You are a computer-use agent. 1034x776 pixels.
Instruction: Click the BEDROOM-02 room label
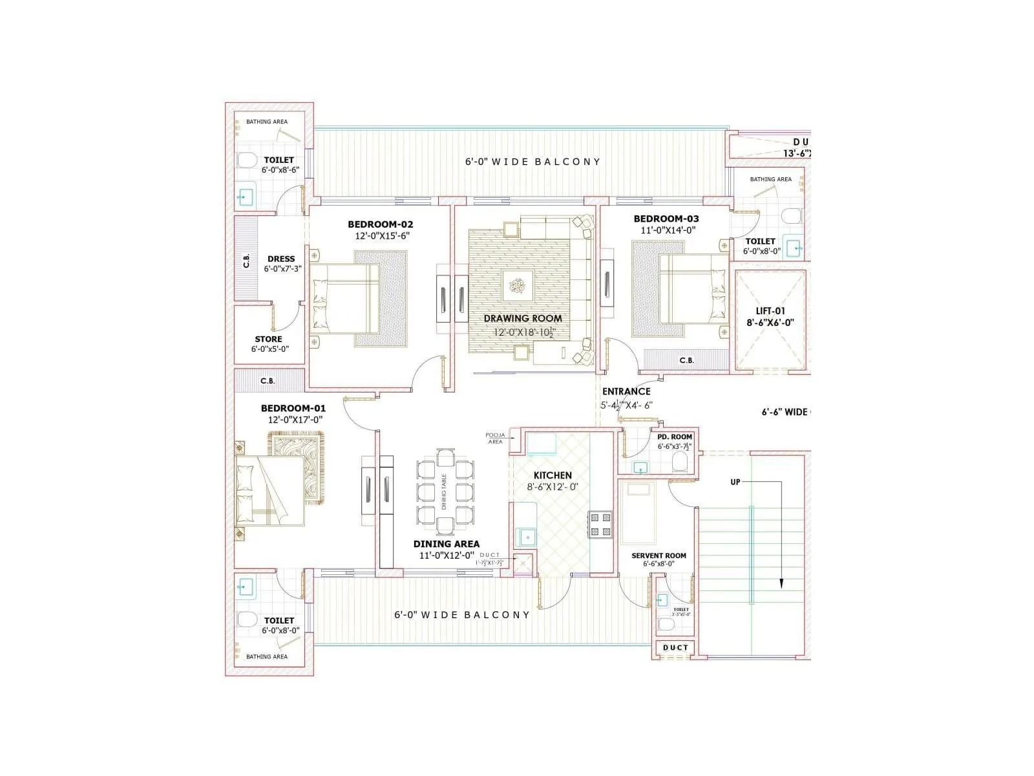coord(380,224)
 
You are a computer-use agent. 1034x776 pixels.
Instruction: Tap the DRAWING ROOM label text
coord(523,318)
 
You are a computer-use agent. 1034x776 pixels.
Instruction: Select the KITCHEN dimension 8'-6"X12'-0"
coord(553,487)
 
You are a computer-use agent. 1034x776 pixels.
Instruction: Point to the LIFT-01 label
coord(770,311)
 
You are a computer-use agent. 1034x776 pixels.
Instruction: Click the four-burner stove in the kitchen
coord(600,524)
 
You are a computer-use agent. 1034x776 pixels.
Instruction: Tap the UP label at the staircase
coord(735,482)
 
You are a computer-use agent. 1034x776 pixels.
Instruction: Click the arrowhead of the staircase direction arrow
coord(781,583)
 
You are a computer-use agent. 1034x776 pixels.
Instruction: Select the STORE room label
coord(268,339)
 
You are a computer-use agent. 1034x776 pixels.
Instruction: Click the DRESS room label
coord(281,259)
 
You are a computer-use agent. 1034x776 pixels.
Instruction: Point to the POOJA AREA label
coord(495,438)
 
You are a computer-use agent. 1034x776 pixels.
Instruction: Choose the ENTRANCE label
coord(626,391)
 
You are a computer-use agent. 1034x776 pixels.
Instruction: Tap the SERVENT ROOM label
coord(659,555)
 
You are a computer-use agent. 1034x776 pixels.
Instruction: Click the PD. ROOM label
coord(674,436)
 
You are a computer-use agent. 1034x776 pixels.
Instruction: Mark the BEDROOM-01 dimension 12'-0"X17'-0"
coord(295,420)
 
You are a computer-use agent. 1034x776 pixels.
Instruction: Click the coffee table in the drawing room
coord(518,285)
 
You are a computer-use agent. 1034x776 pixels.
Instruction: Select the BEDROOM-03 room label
coord(666,219)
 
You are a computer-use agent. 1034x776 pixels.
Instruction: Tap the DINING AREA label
coord(446,544)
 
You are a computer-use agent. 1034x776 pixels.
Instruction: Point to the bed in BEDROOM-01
coord(269,490)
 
